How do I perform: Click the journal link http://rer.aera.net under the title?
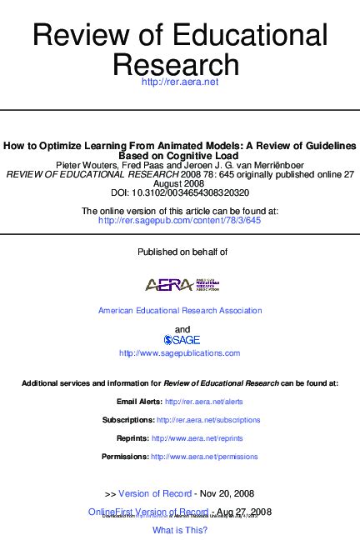[179, 82]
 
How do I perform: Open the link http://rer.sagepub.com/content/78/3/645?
[179, 221]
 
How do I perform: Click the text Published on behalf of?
[180, 251]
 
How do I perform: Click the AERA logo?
[181, 284]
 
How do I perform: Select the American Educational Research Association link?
[180, 311]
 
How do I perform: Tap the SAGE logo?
[180, 339]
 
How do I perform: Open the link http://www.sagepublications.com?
[180, 353]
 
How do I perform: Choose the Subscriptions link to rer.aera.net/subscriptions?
[208, 420]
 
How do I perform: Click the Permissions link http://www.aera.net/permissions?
[204, 457]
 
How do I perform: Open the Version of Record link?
[155, 493]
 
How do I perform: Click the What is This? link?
[180, 530]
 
